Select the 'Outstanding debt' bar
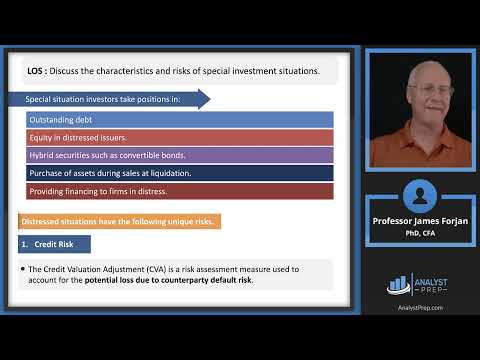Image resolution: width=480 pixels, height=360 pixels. click(x=180, y=119)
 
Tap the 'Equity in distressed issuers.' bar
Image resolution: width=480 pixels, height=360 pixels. click(x=180, y=137)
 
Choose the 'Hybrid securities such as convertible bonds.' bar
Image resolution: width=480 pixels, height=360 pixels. click(x=180, y=155)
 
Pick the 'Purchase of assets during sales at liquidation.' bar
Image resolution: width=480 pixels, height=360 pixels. click(x=180, y=173)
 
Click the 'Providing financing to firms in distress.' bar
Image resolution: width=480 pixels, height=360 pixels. click(x=180, y=191)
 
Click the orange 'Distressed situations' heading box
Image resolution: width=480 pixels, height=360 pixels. click(x=119, y=221)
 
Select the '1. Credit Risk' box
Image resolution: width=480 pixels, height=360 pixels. click(x=55, y=244)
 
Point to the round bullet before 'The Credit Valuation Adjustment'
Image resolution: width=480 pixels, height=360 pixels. click(x=22, y=269)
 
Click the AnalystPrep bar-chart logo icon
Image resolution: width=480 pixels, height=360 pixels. click(x=399, y=285)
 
